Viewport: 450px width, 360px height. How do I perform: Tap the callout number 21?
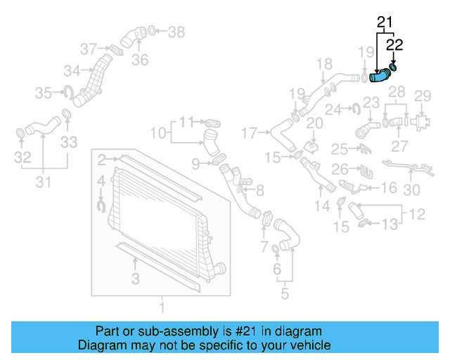(x=384, y=22)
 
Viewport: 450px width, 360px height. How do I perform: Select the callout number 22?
(x=394, y=46)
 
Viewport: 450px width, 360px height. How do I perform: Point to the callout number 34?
(x=72, y=70)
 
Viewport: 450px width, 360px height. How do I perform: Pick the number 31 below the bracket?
(x=44, y=183)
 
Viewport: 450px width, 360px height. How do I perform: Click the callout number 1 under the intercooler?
(x=161, y=307)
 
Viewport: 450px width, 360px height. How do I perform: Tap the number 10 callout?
(x=158, y=132)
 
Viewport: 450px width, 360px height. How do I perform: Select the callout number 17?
(x=251, y=131)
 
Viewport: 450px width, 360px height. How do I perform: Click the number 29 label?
(x=422, y=96)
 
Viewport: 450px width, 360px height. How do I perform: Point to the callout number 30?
(x=412, y=189)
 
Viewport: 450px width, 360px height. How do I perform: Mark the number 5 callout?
(x=284, y=294)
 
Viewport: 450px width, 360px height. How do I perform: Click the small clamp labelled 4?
(x=101, y=205)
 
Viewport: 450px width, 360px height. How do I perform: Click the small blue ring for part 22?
(x=393, y=67)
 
